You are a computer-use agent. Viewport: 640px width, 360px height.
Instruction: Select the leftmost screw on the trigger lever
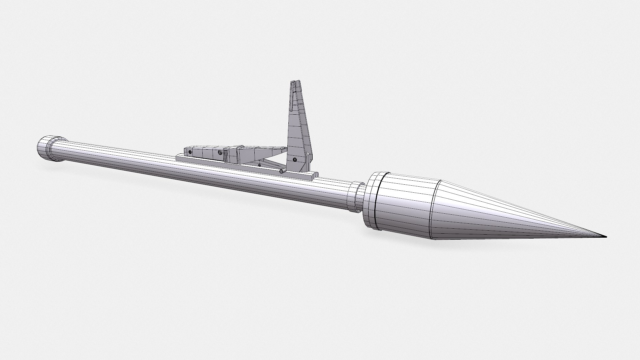point(190,151)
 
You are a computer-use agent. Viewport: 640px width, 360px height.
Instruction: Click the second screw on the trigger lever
point(220,152)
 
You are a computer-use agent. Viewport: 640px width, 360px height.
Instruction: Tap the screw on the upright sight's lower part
point(295,160)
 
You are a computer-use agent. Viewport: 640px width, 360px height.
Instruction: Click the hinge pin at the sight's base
point(282,172)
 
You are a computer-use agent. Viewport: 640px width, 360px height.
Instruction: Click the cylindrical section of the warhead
point(403,205)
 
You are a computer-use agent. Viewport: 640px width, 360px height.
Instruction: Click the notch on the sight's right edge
point(306,154)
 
